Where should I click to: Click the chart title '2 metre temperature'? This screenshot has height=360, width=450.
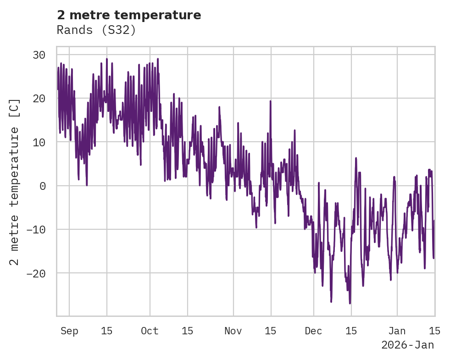pos(129,15)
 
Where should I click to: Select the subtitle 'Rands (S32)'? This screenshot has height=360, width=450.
pos(96,30)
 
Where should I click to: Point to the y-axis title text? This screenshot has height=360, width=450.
pos(15,182)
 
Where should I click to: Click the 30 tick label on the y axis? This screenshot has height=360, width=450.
pos(39,55)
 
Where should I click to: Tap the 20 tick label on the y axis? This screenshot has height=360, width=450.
pos(39,99)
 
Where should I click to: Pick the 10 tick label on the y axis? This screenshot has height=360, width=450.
pos(39,142)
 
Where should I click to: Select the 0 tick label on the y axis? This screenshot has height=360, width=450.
pos(42,186)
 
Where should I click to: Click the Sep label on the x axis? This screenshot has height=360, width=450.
pos(70,331)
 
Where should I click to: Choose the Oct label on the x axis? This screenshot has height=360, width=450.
pos(150,331)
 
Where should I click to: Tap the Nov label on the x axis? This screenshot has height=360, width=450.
pos(233,331)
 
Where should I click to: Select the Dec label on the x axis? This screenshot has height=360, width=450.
pos(314,331)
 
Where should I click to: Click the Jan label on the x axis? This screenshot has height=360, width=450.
pos(397,331)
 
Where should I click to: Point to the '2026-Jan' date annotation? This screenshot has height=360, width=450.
pos(407,345)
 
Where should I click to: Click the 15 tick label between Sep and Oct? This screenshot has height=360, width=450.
pos(107,331)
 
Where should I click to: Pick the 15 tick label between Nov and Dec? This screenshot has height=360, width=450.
pos(271,331)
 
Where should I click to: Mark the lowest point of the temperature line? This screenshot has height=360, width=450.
pos(350,303)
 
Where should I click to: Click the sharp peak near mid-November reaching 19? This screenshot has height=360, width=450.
pos(271,101)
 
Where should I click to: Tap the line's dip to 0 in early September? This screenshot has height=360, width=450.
pos(87,185)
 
